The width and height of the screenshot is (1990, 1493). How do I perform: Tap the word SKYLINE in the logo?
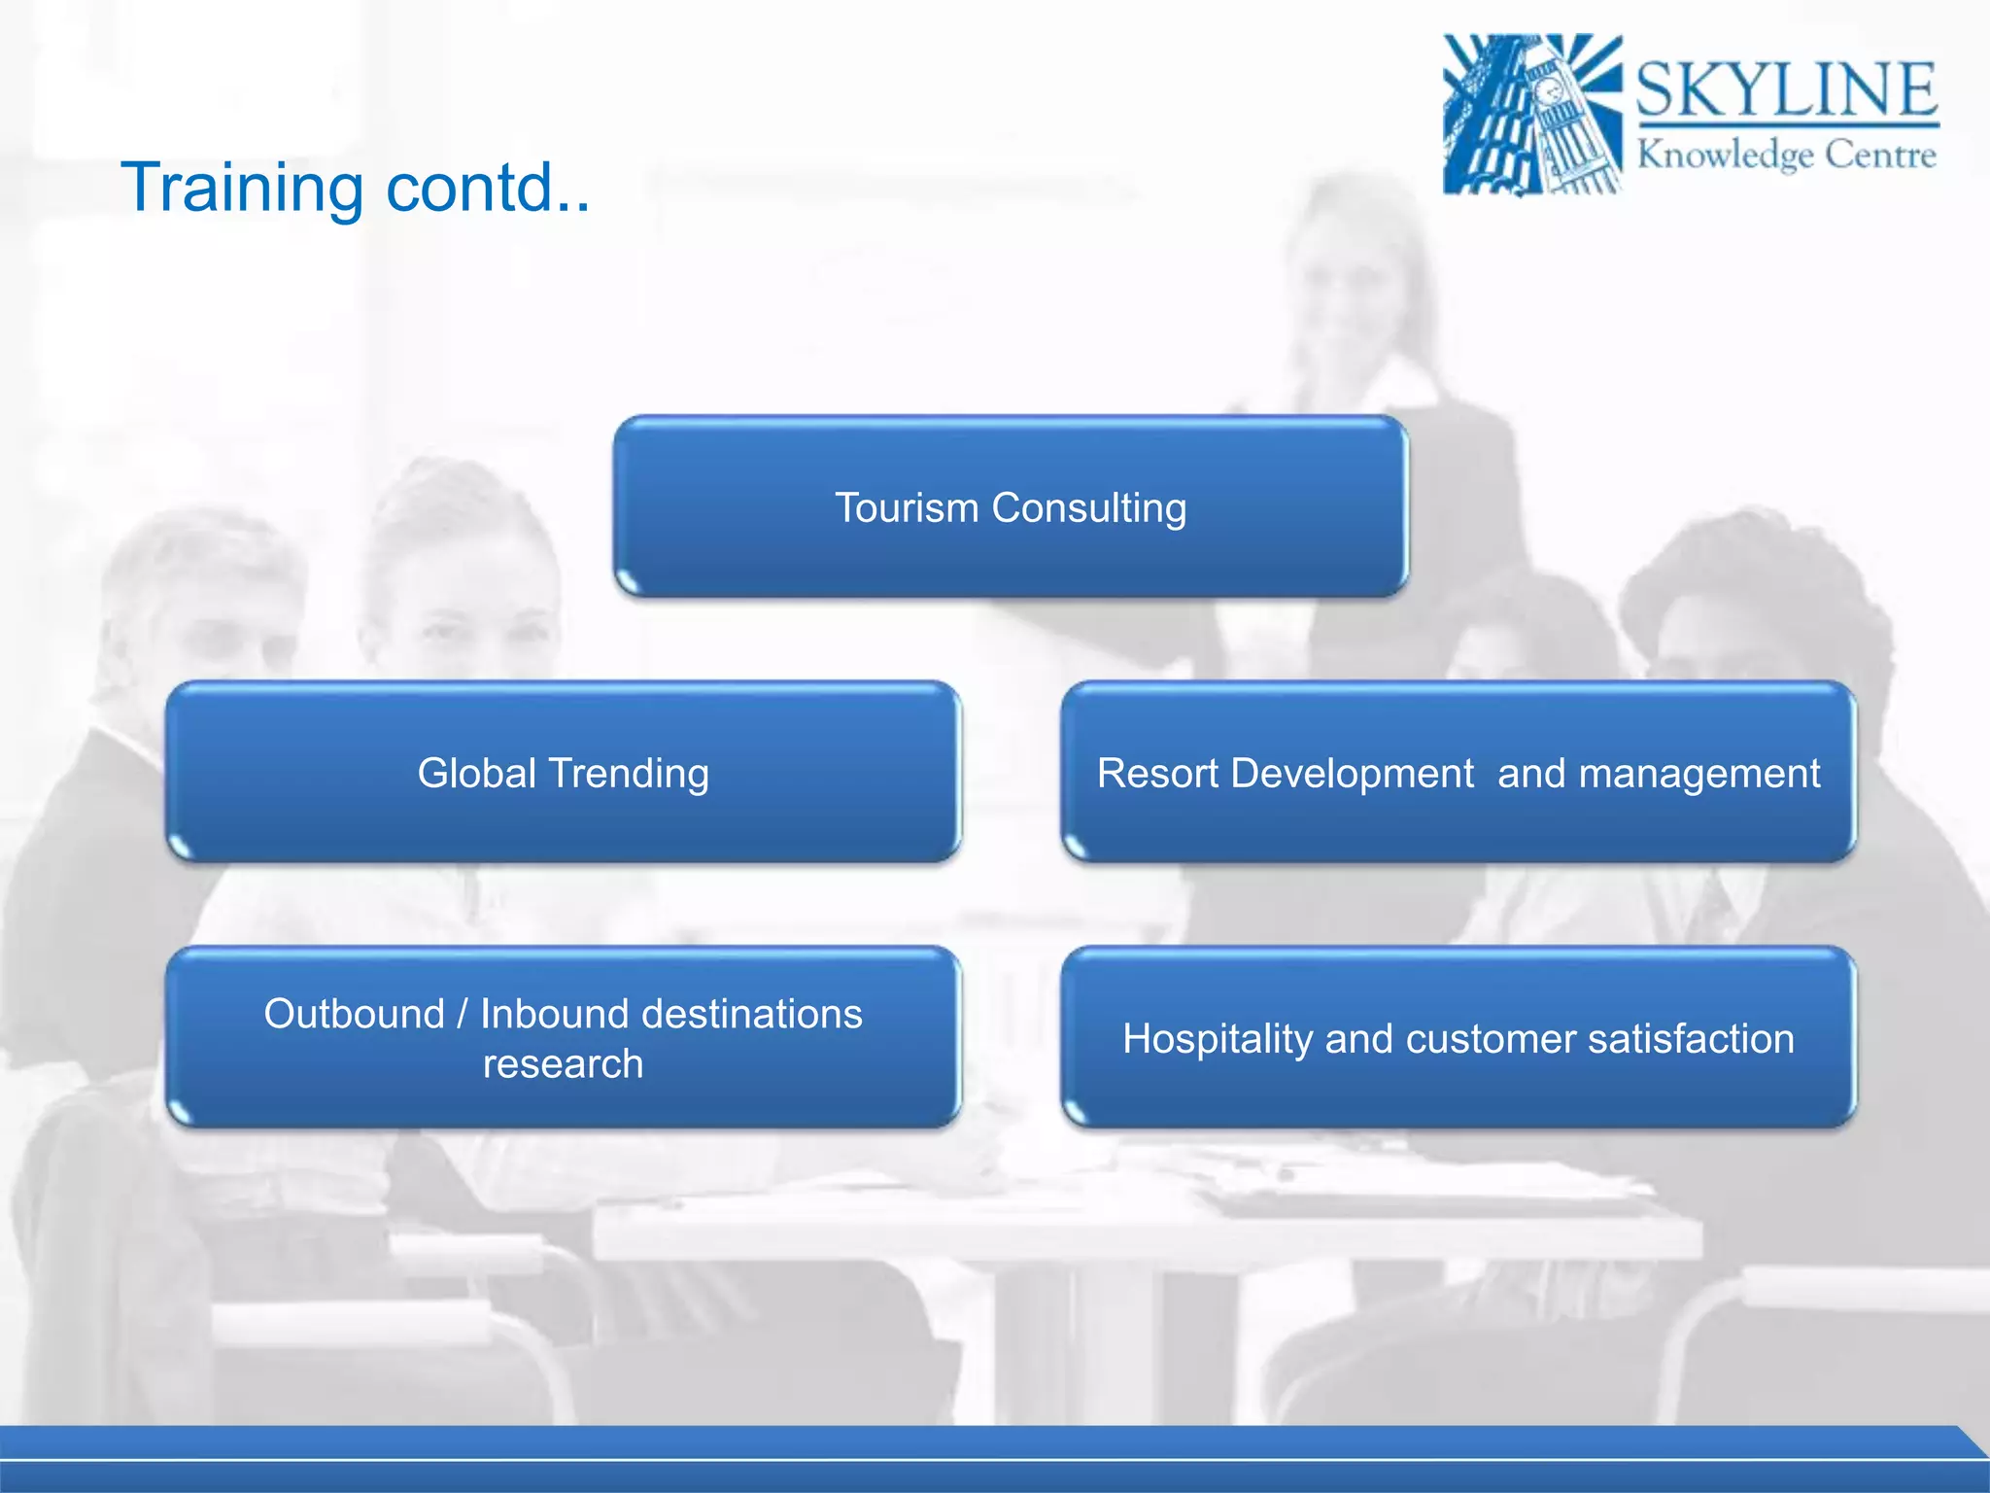click(x=1786, y=90)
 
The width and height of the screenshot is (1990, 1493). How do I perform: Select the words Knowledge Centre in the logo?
click(x=1786, y=155)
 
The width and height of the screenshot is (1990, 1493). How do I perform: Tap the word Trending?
click(x=629, y=774)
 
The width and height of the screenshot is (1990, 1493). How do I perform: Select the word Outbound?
click(x=354, y=1014)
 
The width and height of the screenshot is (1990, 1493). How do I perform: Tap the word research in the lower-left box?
click(x=563, y=1064)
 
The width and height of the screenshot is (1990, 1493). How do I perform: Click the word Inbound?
click(x=554, y=1014)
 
